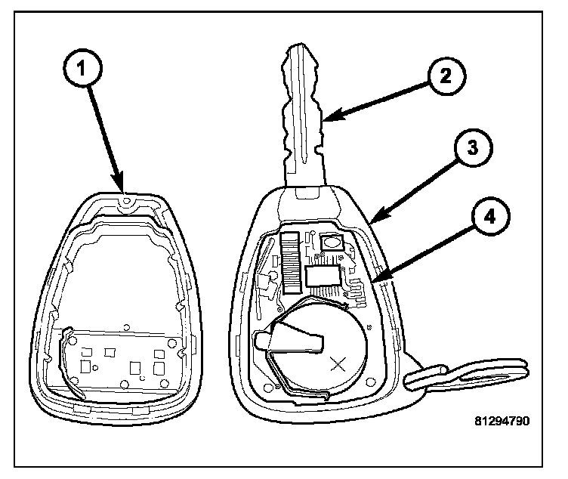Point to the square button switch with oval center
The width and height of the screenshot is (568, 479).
[x=331, y=243]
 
